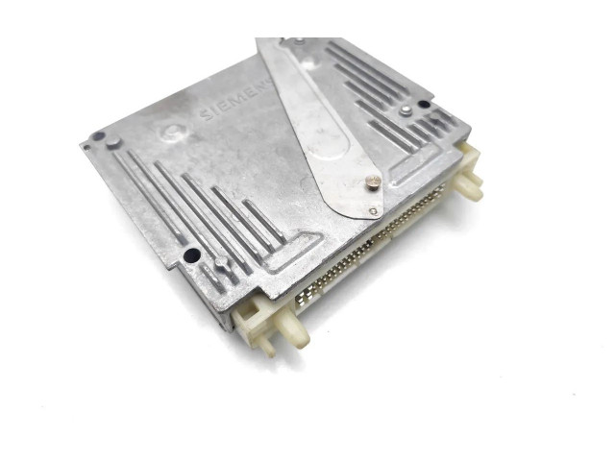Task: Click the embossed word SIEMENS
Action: click(236, 99)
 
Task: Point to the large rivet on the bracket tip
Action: click(373, 182)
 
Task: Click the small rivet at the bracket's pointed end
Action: click(374, 211)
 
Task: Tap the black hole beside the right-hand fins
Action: click(424, 105)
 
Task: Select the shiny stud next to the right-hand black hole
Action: click(406, 111)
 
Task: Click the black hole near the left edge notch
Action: click(192, 256)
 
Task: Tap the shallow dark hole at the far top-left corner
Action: click(98, 136)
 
